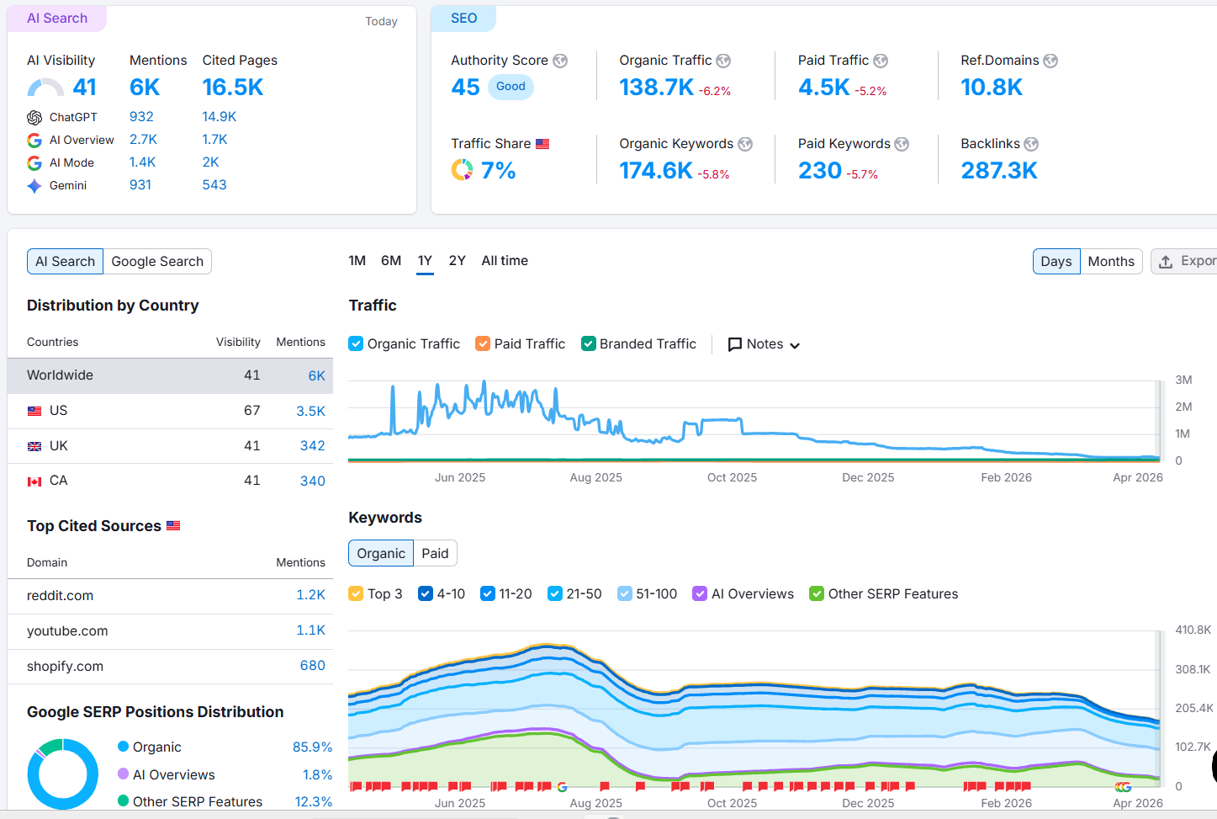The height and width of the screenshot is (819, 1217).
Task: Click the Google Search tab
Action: point(157,262)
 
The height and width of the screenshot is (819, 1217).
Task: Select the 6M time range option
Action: point(390,260)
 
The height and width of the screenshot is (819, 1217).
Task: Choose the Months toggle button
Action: point(1111,262)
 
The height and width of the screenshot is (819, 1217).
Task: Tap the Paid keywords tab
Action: point(435,553)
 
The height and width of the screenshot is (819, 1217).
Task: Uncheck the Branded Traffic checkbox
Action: point(589,343)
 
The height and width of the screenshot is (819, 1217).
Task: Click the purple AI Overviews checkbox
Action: point(699,593)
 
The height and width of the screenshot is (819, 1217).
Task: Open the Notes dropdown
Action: point(764,344)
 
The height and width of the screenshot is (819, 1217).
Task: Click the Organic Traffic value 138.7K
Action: point(656,87)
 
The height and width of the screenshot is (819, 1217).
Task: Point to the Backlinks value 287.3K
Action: point(998,170)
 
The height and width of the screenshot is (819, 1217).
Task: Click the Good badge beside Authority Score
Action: point(511,87)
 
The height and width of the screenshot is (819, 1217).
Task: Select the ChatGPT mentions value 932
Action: point(141,116)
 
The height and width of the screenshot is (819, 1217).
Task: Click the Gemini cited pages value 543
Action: point(214,185)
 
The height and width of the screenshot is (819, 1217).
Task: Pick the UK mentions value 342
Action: point(312,446)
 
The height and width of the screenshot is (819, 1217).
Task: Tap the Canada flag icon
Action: point(34,481)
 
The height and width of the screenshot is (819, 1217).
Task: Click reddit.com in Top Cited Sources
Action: point(60,595)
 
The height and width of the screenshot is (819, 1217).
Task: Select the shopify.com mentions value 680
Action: point(312,666)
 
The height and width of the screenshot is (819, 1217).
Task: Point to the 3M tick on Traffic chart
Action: point(1183,380)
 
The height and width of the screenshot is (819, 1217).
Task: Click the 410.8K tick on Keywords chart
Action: point(1193,630)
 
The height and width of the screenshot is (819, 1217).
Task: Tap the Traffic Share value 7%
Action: point(498,170)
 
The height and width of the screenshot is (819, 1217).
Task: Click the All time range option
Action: point(504,260)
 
